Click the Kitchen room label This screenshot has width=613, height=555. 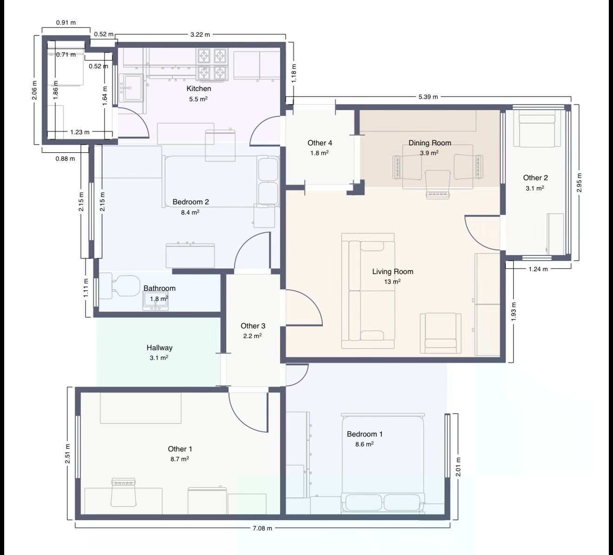point(199,89)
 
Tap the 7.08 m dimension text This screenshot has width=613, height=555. point(262,528)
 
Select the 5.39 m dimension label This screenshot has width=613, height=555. point(428,97)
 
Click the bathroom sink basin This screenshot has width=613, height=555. point(155,301)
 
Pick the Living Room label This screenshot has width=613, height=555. point(393,271)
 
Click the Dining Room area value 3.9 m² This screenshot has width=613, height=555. point(430,153)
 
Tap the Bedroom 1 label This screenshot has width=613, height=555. point(365,434)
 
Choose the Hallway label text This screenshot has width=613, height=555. point(159,347)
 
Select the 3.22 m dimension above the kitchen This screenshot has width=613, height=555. point(200,34)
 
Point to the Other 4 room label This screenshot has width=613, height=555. point(320,143)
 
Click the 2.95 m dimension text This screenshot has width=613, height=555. point(579,183)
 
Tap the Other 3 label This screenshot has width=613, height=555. point(253,326)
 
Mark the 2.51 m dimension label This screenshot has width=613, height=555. point(67,454)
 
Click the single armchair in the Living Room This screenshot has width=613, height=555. point(440,333)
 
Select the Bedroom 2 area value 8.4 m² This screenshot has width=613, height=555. point(190,212)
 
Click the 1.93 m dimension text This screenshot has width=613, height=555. point(514,312)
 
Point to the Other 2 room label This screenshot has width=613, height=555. point(535,177)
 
